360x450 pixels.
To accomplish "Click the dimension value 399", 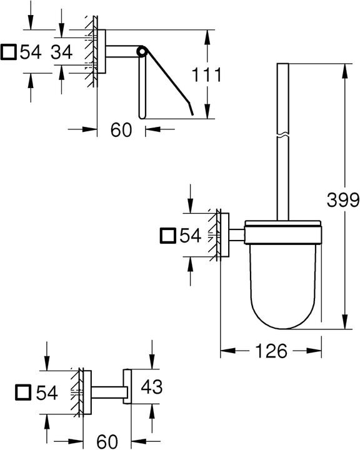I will [x=342, y=200].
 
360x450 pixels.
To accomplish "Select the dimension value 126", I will [x=270, y=351].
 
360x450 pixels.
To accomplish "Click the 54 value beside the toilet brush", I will [x=190, y=236].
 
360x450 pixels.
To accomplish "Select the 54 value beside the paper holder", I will [x=29, y=52].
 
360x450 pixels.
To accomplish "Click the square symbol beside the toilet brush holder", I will [x=168, y=236].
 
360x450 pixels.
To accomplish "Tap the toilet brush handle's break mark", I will [x=283, y=134].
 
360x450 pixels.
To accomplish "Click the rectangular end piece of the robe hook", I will [x=127, y=386].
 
